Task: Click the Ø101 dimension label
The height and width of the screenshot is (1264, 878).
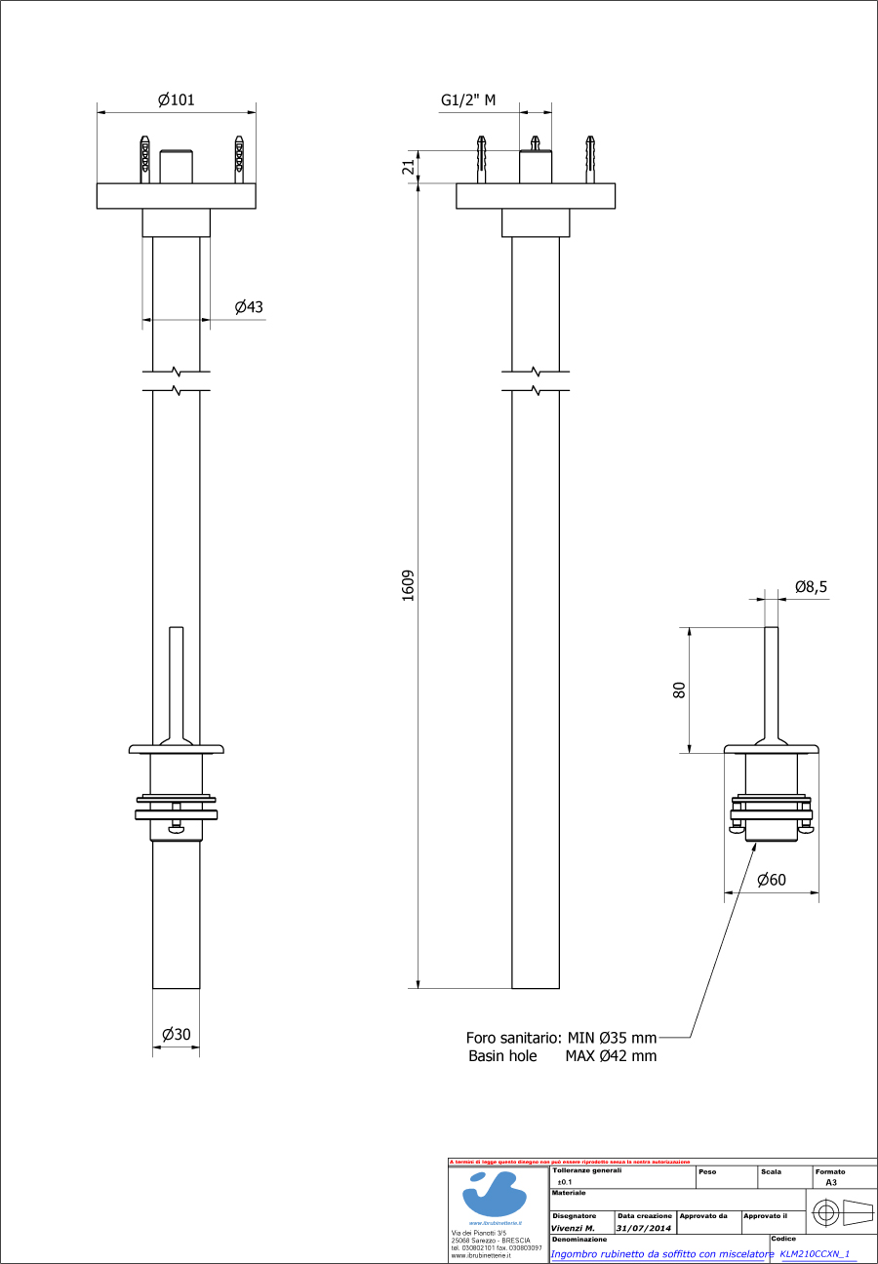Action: click(x=177, y=99)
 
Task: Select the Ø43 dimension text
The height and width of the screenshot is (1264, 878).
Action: click(x=249, y=307)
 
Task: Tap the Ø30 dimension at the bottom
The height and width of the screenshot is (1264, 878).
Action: click(x=176, y=1035)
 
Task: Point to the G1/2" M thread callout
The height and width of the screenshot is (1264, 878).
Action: click(x=468, y=99)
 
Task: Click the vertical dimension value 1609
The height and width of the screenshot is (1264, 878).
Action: click(x=409, y=585)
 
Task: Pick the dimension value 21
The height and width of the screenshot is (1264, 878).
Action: click(x=409, y=167)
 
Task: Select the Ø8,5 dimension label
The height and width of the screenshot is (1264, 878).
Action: click(x=812, y=587)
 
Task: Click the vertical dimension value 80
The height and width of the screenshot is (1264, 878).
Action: click(x=680, y=690)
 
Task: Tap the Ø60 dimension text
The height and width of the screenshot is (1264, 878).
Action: click(x=772, y=880)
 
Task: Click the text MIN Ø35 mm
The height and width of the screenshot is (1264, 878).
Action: click(x=611, y=1038)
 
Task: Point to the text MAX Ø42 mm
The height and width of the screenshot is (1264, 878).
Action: click(x=611, y=1056)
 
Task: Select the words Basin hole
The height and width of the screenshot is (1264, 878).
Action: click(x=502, y=1056)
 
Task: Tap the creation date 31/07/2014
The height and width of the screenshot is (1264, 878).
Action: click(x=644, y=1229)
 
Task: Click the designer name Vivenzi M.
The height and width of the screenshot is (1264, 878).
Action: click(x=574, y=1229)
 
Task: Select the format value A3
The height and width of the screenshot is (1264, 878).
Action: click(x=831, y=1181)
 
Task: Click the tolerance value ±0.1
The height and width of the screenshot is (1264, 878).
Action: click(x=565, y=1181)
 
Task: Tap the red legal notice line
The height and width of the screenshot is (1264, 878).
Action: click(x=570, y=1162)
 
